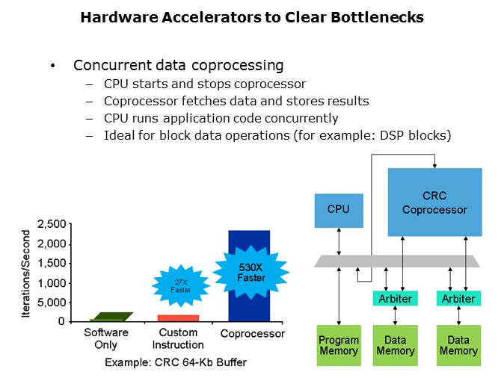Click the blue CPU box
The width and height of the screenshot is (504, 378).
tap(338, 209)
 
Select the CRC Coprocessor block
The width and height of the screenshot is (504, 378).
tap(434, 202)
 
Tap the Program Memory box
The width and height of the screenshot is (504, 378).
tap(338, 345)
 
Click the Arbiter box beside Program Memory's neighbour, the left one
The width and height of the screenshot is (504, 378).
tap(394, 298)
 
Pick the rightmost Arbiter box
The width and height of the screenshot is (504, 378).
tap(458, 298)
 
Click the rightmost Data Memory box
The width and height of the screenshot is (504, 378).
tap(458, 345)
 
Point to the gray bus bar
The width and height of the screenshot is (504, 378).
tap(396, 261)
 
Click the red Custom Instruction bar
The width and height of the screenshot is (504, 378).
tap(178, 317)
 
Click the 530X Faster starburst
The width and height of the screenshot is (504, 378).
tap(251, 272)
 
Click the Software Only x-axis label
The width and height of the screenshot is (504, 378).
tap(105, 338)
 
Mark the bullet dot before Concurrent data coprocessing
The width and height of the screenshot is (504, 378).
tap(52, 66)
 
